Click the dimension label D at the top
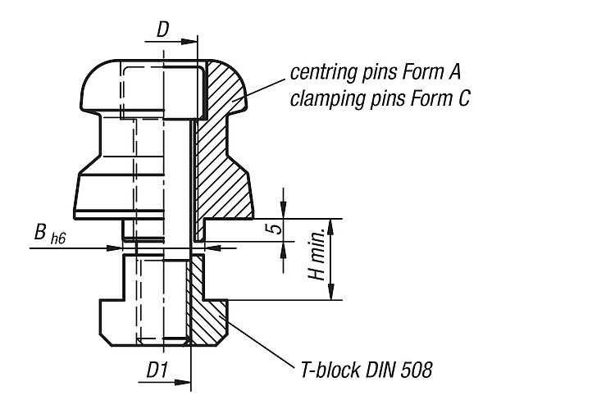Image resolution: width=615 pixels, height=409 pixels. click(163, 30)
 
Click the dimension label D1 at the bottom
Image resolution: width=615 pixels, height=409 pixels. click(157, 370)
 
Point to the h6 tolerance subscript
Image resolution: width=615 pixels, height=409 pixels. click(58, 239)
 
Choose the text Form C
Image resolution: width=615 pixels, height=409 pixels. click(440, 98)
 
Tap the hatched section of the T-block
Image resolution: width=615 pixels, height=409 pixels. click(207, 310)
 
